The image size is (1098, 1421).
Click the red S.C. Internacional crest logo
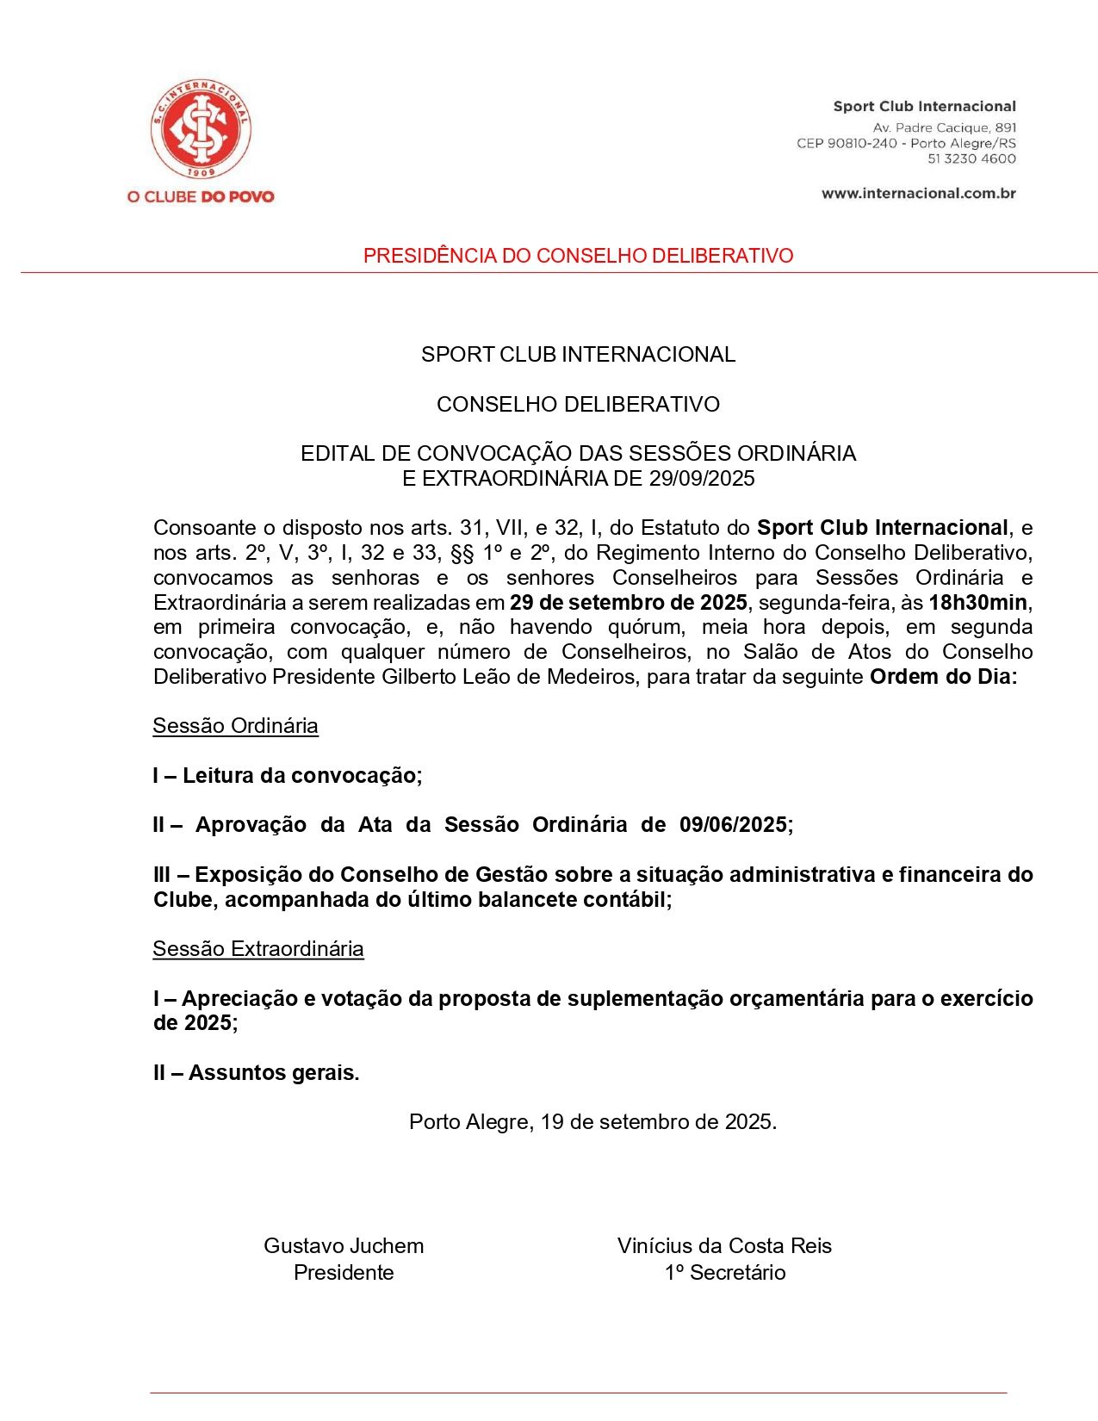pyautogui.click(x=201, y=129)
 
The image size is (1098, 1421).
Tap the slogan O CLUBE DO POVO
pyautogui.click(x=201, y=196)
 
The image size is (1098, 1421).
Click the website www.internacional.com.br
pyautogui.click(x=918, y=193)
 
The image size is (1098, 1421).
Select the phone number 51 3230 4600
pyautogui.click(x=971, y=158)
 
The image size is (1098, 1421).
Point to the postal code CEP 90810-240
pyautogui.click(x=847, y=143)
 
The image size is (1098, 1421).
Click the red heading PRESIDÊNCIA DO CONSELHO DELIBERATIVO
pyautogui.click(x=578, y=256)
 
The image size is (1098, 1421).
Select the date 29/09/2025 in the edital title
pyautogui.click(x=702, y=479)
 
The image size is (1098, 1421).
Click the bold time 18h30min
pyautogui.click(x=977, y=602)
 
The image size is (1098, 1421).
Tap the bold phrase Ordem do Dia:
pyautogui.click(x=943, y=677)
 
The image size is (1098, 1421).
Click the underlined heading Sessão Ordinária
pyautogui.click(x=235, y=726)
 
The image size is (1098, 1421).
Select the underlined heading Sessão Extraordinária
pyautogui.click(x=257, y=949)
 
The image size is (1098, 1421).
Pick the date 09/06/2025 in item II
pyautogui.click(x=733, y=825)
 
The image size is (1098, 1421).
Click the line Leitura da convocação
pyautogui.click(x=300, y=776)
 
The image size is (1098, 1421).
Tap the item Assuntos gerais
pyautogui.click(x=272, y=1073)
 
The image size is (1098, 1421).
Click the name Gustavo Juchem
pyautogui.click(x=344, y=1246)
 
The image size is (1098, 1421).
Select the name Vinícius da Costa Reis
pyautogui.click(x=724, y=1246)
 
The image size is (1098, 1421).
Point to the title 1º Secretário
pyautogui.click(x=724, y=1273)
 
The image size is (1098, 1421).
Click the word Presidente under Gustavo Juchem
pyautogui.click(x=344, y=1273)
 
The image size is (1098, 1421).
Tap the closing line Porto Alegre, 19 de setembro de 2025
pyautogui.click(x=592, y=1122)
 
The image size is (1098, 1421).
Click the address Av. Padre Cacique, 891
pyautogui.click(x=944, y=127)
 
